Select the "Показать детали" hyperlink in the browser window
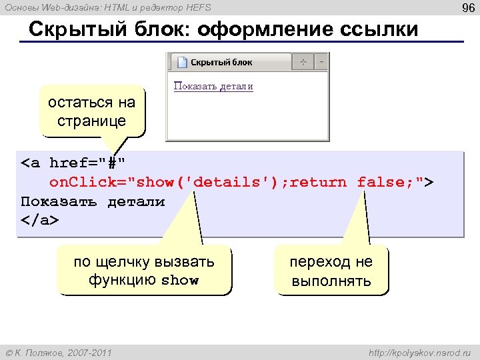(213, 87)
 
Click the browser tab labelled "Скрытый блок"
(221, 62)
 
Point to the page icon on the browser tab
(180, 62)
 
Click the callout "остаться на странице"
(91, 111)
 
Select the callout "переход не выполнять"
(331, 271)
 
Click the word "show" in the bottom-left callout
(180, 281)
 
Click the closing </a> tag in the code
(40, 220)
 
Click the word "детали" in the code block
(136, 201)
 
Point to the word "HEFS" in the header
(198, 7)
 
